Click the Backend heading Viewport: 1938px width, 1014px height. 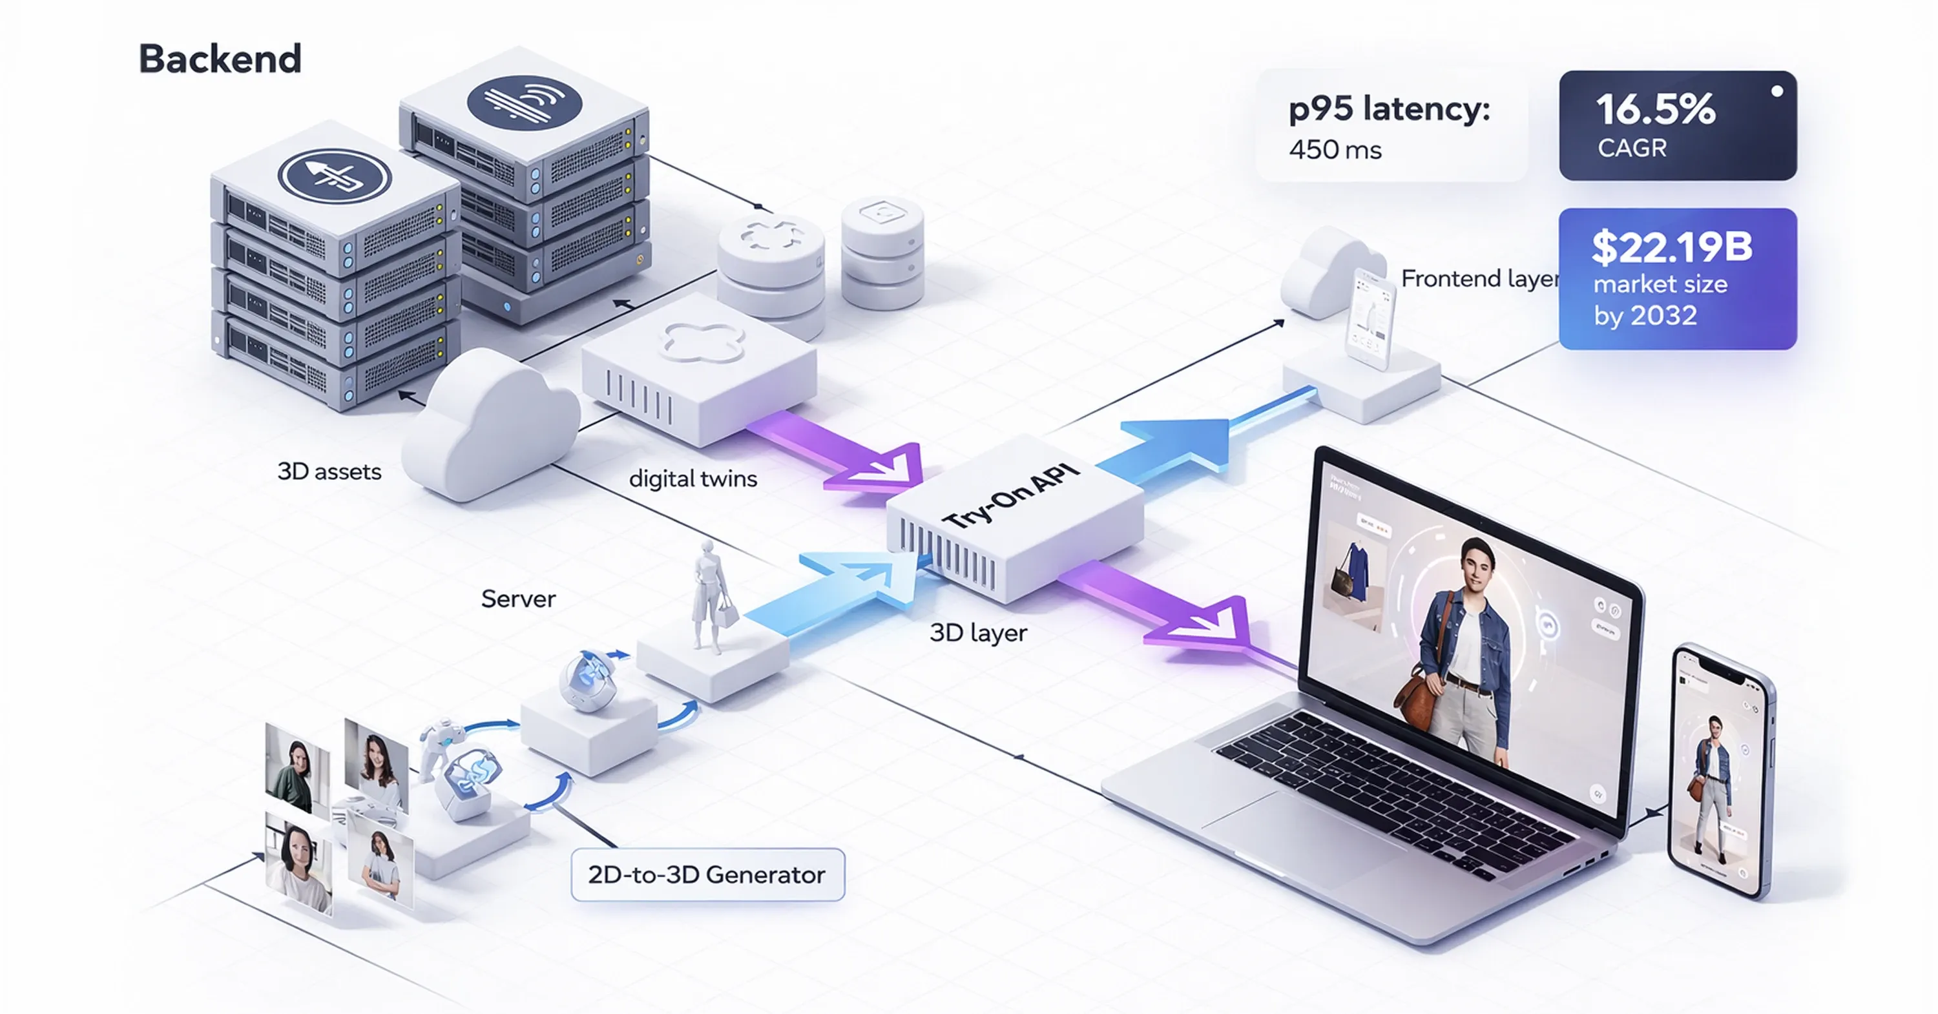point(220,59)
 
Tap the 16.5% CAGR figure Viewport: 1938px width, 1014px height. point(1655,110)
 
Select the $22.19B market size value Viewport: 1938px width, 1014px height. point(1672,247)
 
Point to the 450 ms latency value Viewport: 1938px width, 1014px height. point(1335,150)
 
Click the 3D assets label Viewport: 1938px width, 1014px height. point(329,471)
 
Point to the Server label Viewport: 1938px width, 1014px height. point(518,599)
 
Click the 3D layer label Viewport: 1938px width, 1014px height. point(978,633)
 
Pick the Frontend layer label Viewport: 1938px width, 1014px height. point(1478,279)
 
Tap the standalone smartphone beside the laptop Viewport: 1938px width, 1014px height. point(1720,771)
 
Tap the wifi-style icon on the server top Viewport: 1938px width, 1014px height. point(525,103)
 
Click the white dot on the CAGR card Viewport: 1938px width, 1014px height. point(1777,91)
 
